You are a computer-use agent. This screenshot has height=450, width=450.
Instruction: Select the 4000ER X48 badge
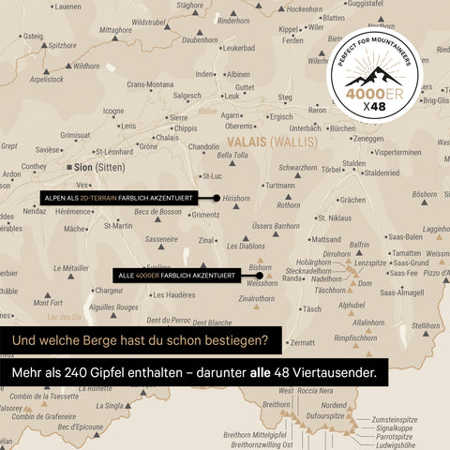pyautogui.click(x=375, y=83)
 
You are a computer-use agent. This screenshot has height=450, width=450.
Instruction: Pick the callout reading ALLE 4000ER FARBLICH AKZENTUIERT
pyautogui.click(x=176, y=275)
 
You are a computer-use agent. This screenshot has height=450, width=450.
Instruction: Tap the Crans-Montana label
pyautogui.click(x=151, y=84)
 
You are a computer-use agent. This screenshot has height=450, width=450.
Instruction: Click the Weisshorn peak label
pyautogui.click(x=262, y=282)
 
